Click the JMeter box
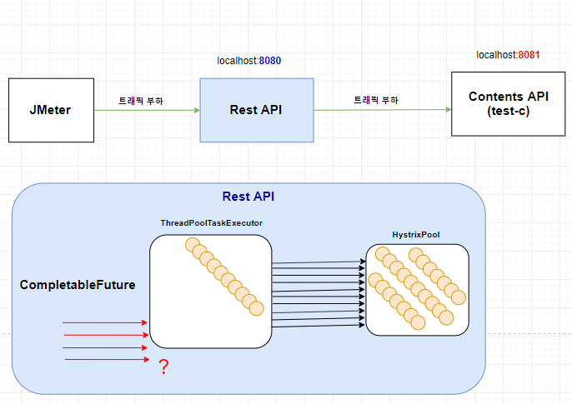[x=51, y=110]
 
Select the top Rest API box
[x=257, y=110]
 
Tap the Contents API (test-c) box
[x=508, y=104]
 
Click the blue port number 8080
[x=270, y=61]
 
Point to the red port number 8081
[x=529, y=55]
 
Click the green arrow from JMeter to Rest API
[x=147, y=110]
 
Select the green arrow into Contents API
[x=383, y=110]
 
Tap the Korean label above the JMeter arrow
[x=141, y=101]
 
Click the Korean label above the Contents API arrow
[x=376, y=100]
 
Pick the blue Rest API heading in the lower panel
[x=248, y=197]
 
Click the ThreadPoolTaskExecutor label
[x=212, y=223]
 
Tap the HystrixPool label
[x=416, y=235]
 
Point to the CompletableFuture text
[x=78, y=285]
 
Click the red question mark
[x=163, y=367]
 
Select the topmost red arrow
[x=105, y=322]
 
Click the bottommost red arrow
[x=107, y=360]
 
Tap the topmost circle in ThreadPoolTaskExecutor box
[x=193, y=245]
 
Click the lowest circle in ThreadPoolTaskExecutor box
[x=257, y=308]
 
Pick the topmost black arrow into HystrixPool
[x=319, y=262]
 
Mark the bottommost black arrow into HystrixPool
[x=319, y=326]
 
